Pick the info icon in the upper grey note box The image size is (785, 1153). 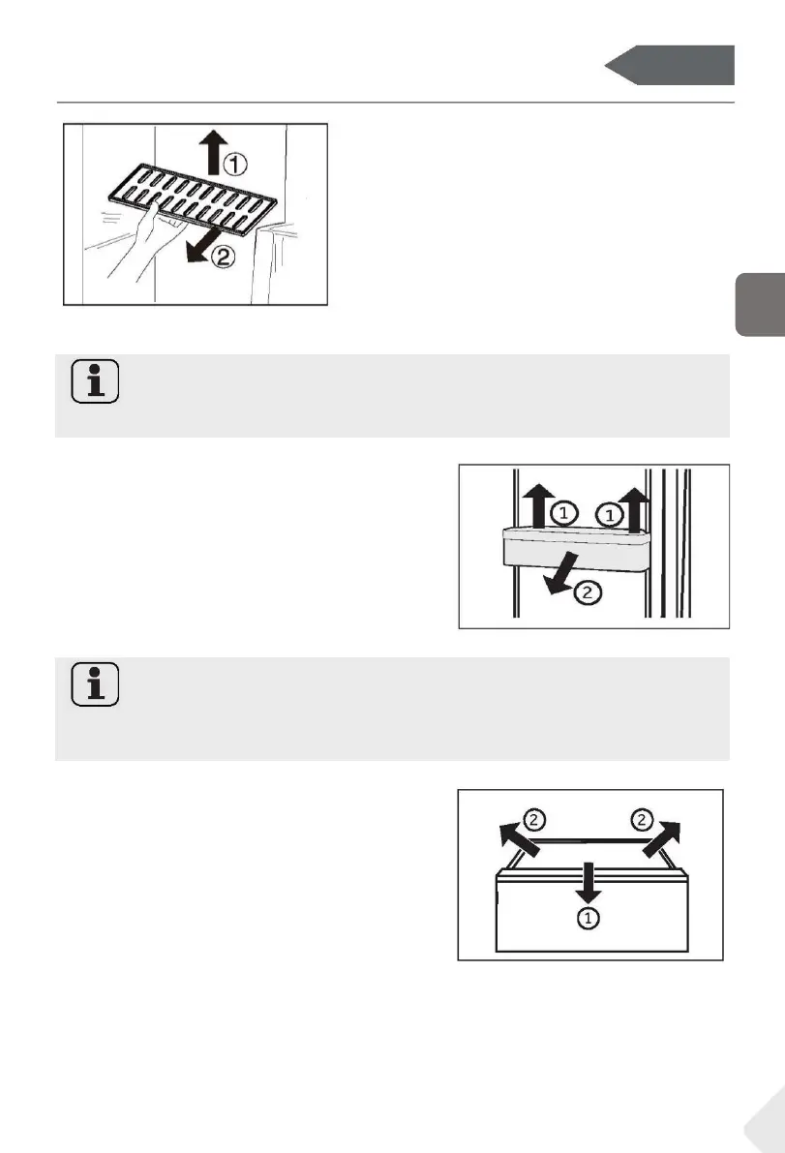click(95, 380)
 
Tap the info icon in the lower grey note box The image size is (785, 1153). click(95, 684)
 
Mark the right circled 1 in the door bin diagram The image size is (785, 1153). click(607, 516)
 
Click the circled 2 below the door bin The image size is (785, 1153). click(587, 592)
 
